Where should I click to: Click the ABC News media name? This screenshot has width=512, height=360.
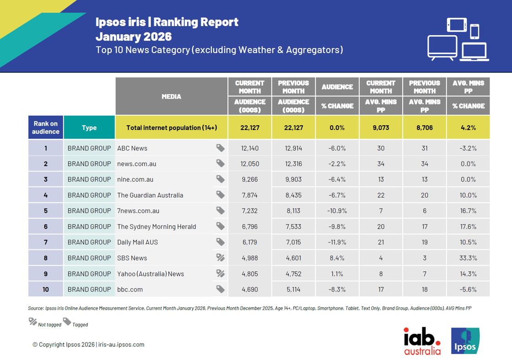132,148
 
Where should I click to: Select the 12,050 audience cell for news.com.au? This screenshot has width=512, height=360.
250,164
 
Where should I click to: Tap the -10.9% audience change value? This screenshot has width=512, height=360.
337,211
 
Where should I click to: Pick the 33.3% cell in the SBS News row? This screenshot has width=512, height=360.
468,258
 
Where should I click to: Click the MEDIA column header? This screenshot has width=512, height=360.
172,97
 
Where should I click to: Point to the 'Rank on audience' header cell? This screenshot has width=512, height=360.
46,128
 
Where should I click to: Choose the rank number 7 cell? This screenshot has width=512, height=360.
46,242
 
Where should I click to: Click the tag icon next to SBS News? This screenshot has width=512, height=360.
220,258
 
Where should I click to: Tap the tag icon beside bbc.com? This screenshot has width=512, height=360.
220,289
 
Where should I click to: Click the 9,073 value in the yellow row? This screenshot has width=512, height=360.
381,128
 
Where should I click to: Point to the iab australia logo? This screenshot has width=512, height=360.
422,341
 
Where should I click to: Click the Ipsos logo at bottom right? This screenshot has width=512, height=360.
465,341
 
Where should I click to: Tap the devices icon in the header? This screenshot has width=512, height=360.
458,40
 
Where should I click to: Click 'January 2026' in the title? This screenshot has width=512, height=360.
134,36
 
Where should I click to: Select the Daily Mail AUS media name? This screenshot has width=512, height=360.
137,242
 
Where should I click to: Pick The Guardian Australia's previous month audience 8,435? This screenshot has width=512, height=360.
293,195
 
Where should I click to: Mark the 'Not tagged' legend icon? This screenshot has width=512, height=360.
33,322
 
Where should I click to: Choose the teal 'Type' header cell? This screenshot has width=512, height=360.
89,128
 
